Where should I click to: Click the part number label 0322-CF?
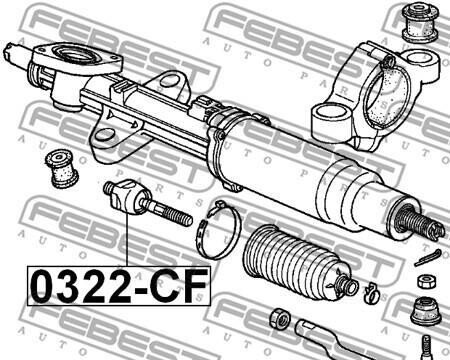(119, 286)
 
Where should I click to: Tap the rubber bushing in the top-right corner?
(420, 23)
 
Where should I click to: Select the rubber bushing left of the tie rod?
(62, 168)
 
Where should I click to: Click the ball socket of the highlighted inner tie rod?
(128, 197)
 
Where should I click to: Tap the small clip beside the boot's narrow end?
(372, 292)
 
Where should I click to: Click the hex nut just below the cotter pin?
(427, 281)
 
